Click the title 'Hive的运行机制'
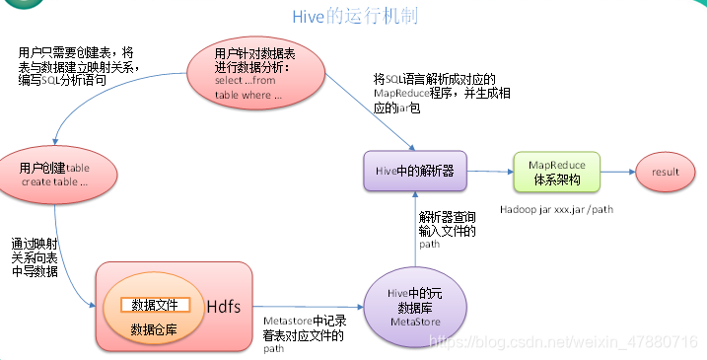(x=354, y=18)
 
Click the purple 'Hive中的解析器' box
(x=415, y=171)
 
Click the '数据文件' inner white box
(x=157, y=305)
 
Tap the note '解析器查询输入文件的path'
(x=448, y=230)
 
